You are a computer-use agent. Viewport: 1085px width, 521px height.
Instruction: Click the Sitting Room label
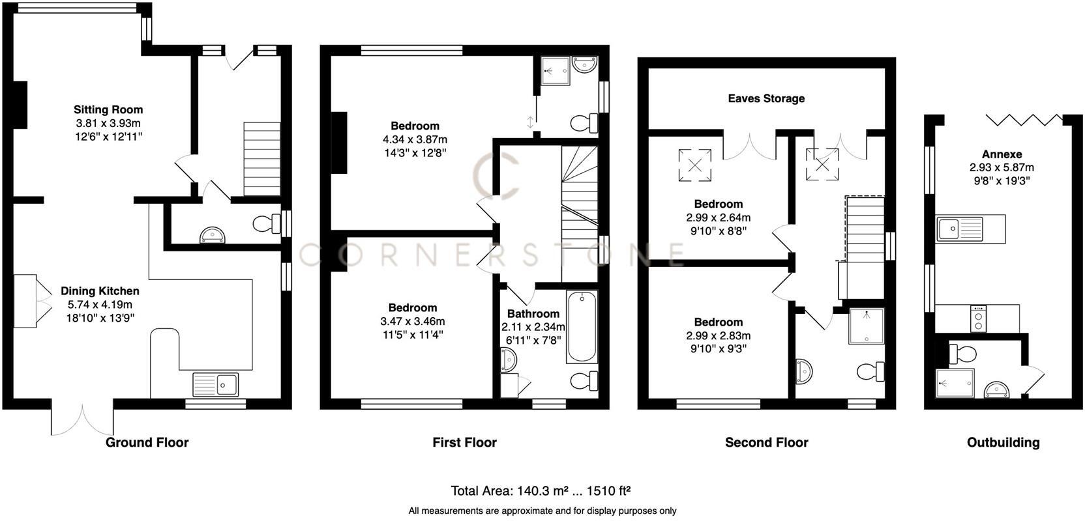click(108, 109)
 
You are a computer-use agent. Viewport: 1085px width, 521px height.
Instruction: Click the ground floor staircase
click(261, 158)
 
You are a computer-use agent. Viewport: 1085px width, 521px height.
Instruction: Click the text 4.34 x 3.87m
click(415, 139)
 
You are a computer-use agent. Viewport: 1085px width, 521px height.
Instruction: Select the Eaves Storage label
click(766, 98)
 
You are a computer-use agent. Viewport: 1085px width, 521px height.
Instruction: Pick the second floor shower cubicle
click(867, 326)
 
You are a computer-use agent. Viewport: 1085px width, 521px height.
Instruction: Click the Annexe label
click(1002, 154)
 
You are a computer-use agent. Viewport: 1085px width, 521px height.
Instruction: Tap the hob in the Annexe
click(977, 319)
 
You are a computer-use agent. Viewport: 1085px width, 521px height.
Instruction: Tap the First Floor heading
click(464, 442)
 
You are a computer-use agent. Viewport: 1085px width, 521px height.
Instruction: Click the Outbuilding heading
click(1002, 442)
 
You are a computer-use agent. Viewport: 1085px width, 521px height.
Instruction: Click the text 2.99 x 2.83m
click(718, 335)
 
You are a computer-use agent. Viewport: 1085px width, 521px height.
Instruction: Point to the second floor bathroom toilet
click(870, 372)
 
